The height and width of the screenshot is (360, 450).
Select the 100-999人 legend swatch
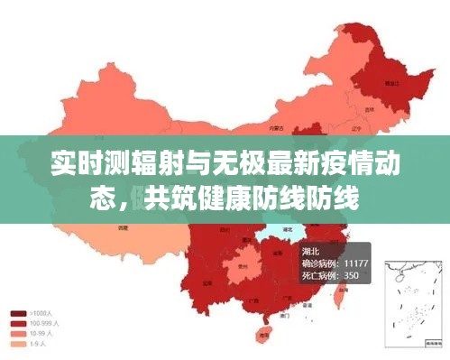coord(17,323)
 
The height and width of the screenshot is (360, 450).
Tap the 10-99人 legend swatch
coord(17,332)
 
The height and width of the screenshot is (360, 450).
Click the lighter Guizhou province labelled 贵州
coord(241,267)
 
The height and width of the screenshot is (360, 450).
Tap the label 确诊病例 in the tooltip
coord(318,263)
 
